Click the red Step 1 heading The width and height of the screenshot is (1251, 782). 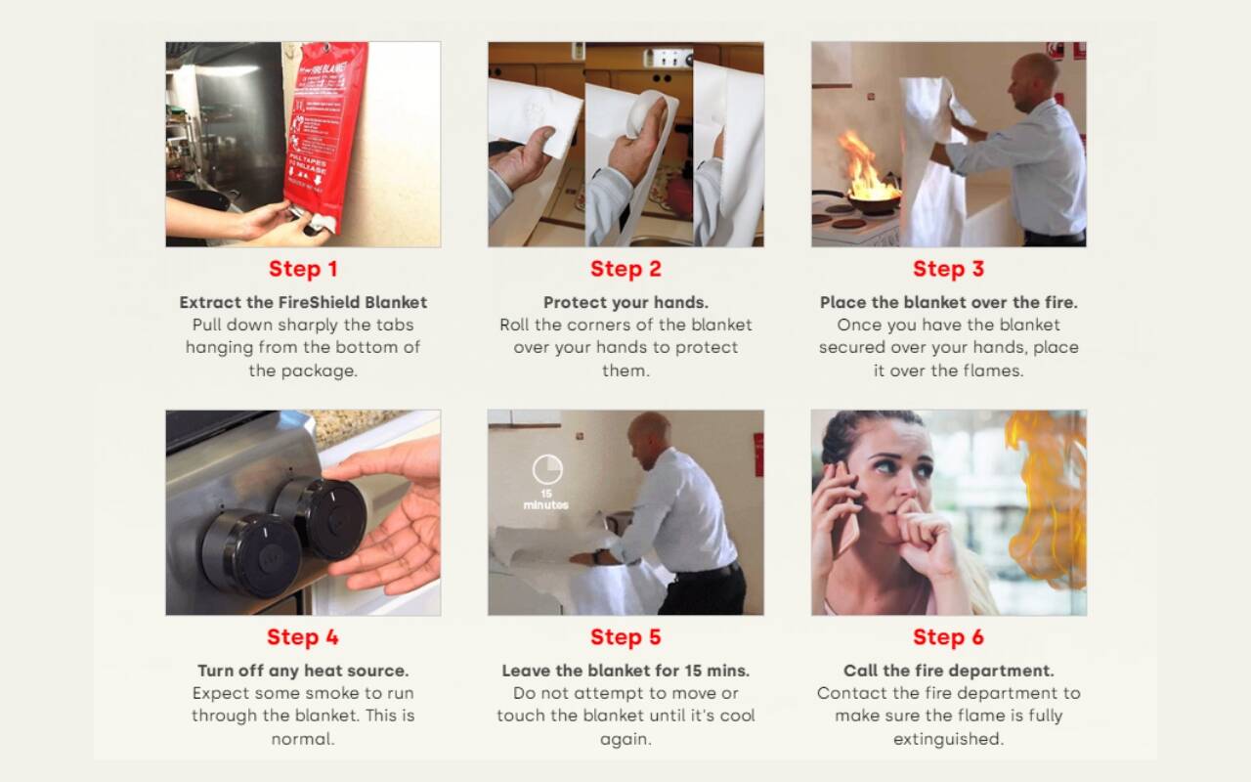303,269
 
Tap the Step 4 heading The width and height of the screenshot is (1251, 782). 303,636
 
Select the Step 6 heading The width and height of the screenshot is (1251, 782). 948,636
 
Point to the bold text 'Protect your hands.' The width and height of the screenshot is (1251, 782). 625,302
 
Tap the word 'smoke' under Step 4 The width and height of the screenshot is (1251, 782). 333,693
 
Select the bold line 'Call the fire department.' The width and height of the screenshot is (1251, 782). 948,671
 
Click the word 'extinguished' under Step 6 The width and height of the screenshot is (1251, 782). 948,739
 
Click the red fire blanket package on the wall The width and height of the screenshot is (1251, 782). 324,134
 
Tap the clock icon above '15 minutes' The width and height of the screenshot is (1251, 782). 547,469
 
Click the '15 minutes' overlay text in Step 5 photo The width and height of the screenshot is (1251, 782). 545,500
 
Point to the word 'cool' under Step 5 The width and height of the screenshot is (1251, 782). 736,716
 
